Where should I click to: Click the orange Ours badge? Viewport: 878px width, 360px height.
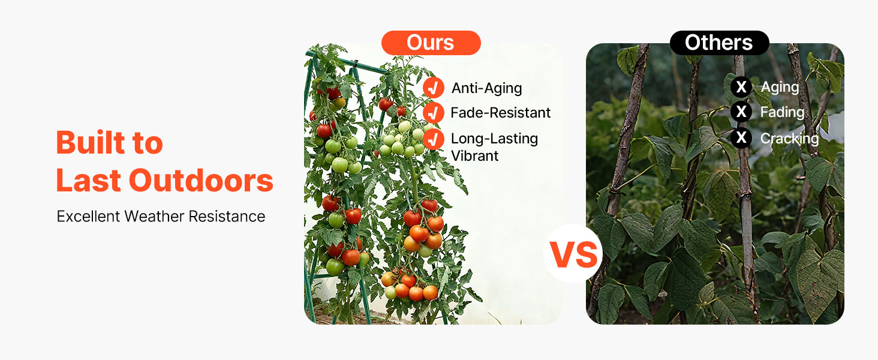click(x=431, y=43)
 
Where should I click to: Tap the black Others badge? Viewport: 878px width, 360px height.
click(x=719, y=43)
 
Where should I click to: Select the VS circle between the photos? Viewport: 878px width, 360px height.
click(x=573, y=254)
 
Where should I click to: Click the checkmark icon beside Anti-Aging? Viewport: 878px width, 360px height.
click(x=433, y=88)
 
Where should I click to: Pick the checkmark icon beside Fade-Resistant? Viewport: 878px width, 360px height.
click(x=433, y=113)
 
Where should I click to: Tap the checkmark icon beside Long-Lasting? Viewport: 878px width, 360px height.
click(x=433, y=139)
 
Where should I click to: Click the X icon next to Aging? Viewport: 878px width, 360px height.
click(x=741, y=86)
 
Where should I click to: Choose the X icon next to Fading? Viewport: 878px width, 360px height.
click(x=741, y=112)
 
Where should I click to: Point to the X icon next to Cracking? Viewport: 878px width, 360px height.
click(x=741, y=137)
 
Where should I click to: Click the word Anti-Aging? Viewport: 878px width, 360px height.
click(x=486, y=89)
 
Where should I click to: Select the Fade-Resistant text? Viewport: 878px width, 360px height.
click(x=501, y=113)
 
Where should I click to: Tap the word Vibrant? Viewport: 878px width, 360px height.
click(x=474, y=156)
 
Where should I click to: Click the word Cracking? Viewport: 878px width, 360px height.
click(x=789, y=139)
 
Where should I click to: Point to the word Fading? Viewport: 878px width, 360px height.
click(x=783, y=113)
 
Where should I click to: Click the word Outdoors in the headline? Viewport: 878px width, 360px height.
click(x=201, y=181)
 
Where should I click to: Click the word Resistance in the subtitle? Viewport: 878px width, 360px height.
click(x=227, y=217)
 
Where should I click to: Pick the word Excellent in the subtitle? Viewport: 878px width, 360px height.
click(x=88, y=217)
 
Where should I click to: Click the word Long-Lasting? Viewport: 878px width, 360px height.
click(x=494, y=139)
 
